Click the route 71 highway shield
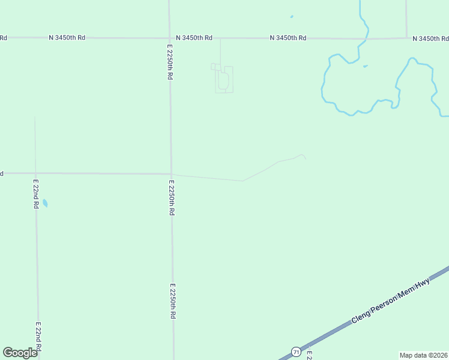296,352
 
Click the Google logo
20,352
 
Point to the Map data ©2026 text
423,355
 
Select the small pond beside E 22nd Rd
45,203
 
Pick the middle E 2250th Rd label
172,197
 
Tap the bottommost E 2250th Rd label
173,301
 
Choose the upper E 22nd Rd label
36,193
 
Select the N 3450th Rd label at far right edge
431,38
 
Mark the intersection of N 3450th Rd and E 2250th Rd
169,37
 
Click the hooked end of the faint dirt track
304,157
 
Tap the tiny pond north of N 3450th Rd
291,17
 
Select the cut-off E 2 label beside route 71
309,355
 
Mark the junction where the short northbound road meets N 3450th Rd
406,38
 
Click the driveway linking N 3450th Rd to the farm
220,52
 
